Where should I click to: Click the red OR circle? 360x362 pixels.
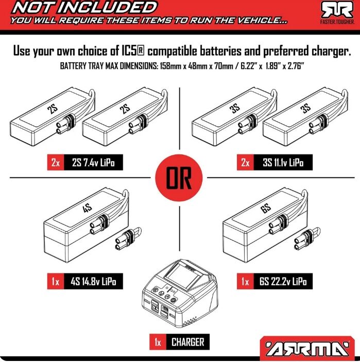point(179,178)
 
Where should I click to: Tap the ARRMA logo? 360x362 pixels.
point(307,349)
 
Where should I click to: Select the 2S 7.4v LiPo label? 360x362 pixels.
point(93,163)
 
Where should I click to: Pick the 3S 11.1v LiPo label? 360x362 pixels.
point(283,163)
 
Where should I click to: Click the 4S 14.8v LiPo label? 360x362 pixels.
point(93,282)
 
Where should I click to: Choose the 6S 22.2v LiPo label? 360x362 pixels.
point(283,282)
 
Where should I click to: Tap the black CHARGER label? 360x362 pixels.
point(188,342)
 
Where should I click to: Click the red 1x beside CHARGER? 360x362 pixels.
point(158,342)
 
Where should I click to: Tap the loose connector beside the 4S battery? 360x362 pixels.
point(128,239)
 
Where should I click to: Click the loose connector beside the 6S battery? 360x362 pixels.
point(307,239)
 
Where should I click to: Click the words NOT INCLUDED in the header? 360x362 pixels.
point(84,8)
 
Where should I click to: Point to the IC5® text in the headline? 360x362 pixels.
point(133,51)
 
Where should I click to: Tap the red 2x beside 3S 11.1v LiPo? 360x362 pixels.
point(245,163)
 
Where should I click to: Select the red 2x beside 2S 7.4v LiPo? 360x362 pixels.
point(56,163)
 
